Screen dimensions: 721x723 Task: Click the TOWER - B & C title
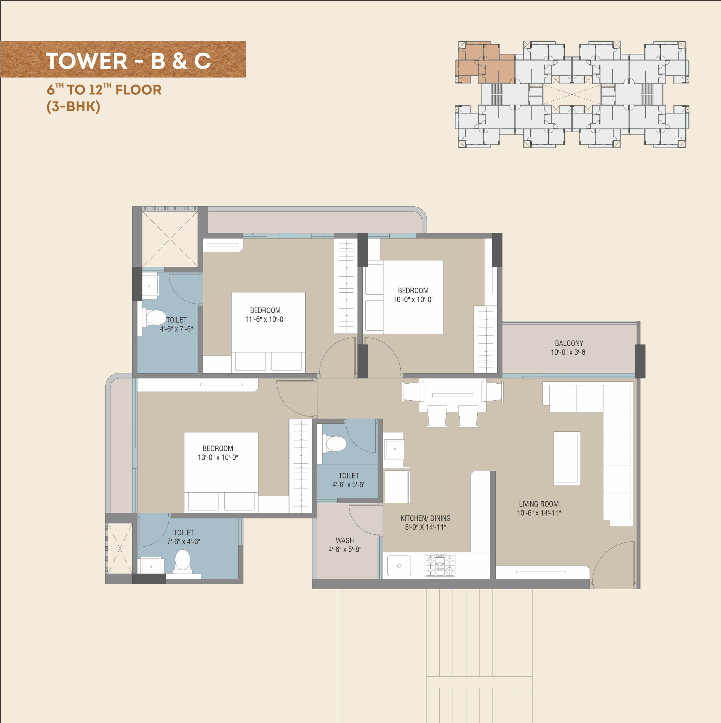click(128, 61)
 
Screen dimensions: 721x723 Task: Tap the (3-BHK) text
click(73, 107)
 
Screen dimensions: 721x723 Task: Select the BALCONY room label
click(569, 343)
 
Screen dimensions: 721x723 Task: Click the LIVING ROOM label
click(538, 504)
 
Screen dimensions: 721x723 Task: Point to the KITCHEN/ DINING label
click(425, 518)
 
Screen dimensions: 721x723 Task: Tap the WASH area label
click(345, 540)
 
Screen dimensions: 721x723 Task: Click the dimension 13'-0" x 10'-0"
click(218, 457)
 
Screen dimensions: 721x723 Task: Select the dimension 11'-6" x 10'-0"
click(265, 319)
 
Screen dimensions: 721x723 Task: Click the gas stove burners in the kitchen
click(440, 565)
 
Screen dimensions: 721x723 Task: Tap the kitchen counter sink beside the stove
click(399, 566)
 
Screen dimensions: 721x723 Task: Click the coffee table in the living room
click(567, 458)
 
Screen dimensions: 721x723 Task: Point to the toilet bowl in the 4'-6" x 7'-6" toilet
click(154, 318)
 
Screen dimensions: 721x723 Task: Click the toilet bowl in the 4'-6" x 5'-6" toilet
click(334, 444)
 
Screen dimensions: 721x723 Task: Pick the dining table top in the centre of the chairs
click(453, 395)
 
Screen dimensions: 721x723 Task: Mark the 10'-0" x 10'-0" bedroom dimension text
click(413, 299)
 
